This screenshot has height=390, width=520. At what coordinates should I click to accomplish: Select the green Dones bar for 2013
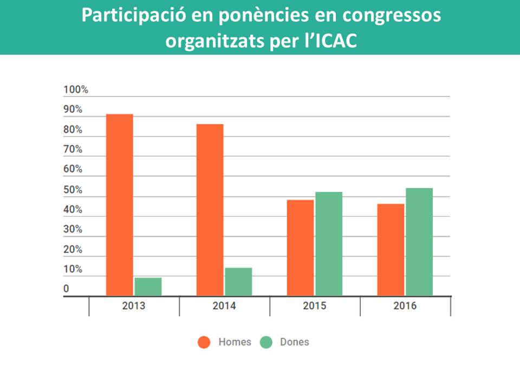click(148, 287)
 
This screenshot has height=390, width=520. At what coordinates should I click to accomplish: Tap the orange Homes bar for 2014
click(210, 210)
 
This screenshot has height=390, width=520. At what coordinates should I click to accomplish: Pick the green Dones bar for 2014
click(238, 282)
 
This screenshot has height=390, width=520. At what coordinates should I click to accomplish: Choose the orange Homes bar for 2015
click(300, 248)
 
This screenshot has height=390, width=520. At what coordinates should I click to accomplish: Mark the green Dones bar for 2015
click(329, 244)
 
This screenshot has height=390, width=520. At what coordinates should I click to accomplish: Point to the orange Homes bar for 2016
click(391, 250)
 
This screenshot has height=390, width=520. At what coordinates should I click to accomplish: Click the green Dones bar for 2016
click(419, 242)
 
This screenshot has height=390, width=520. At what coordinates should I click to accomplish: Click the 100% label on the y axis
click(76, 90)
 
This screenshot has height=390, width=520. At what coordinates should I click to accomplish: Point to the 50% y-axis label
click(73, 190)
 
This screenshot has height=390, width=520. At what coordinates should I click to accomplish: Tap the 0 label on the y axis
click(66, 289)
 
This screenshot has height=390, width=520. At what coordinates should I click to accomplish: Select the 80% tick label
click(73, 130)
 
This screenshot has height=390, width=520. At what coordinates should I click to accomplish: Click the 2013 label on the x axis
click(134, 306)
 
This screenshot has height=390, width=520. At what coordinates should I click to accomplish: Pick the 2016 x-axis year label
click(405, 306)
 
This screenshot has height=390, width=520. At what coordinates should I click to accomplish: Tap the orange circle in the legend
click(204, 342)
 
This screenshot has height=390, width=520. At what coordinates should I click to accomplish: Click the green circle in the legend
click(266, 342)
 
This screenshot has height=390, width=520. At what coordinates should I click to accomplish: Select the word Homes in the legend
click(235, 342)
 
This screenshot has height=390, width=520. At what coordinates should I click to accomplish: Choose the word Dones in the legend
click(294, 342)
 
